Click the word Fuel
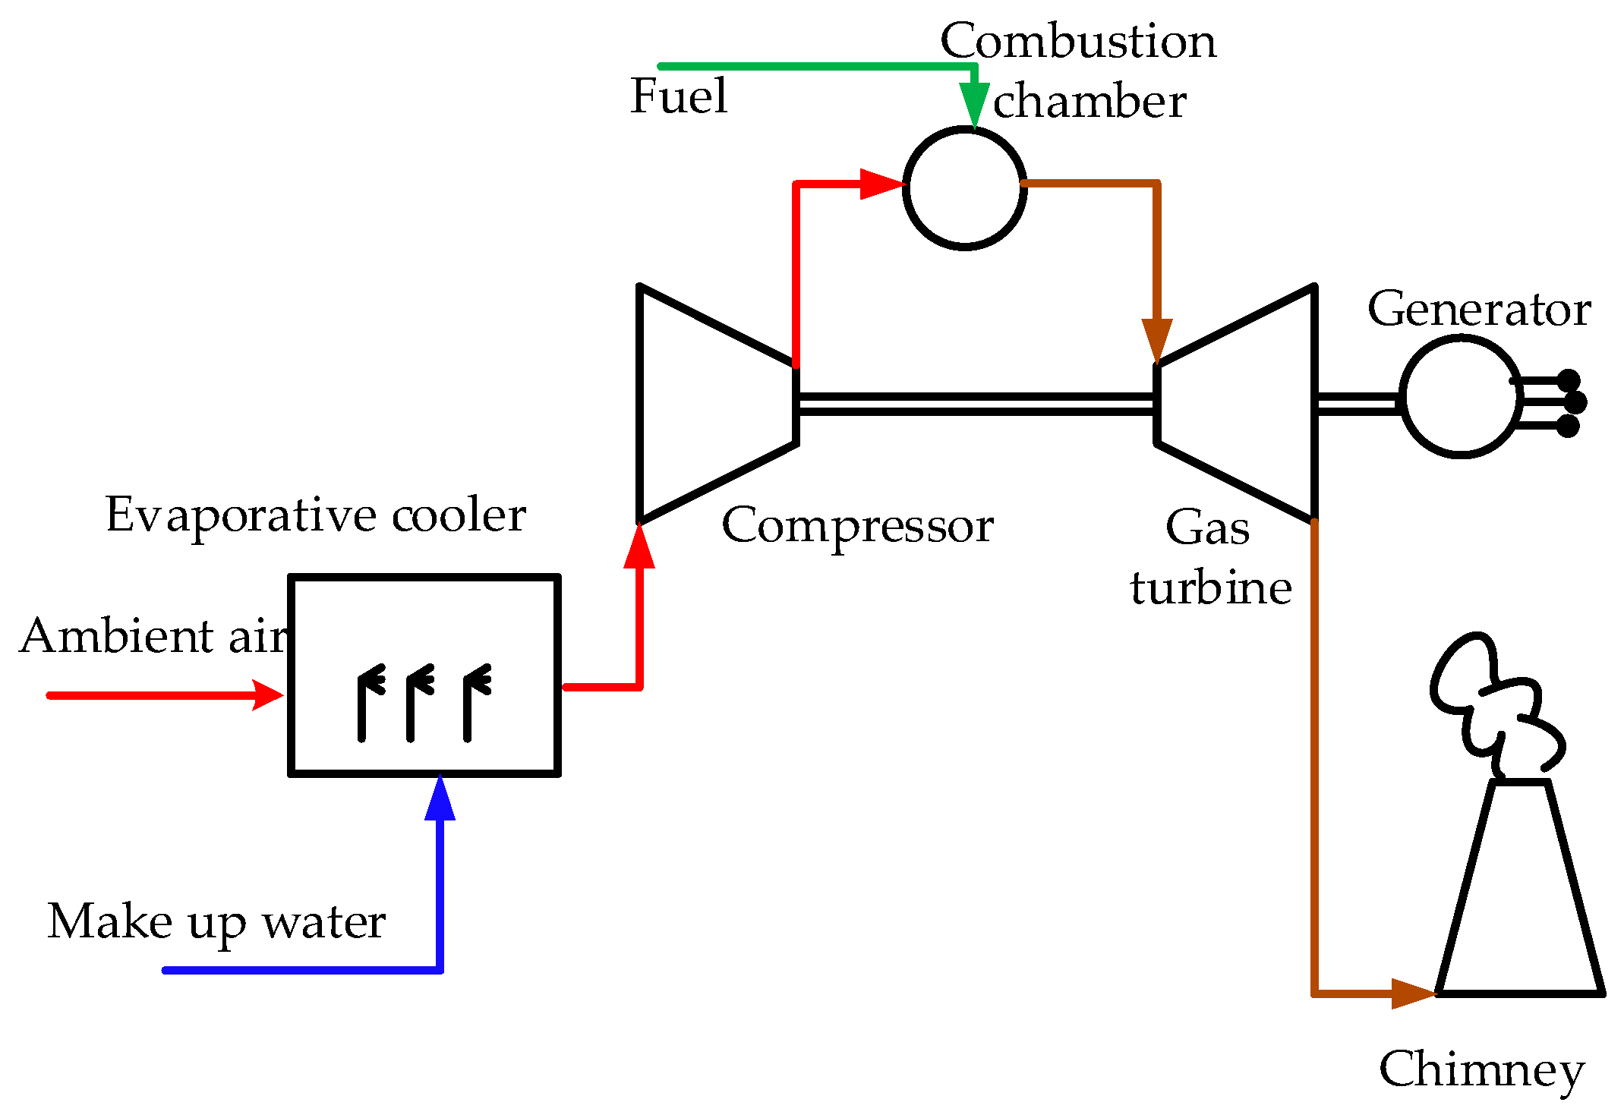(678, 96)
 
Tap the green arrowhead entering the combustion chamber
(973, 103)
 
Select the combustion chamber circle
(964, 187)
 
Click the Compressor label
(857, 525)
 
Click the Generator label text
(1479, 310)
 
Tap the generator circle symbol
(1459, 397)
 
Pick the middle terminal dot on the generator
(1575, 402)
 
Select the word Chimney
(1481, 1070)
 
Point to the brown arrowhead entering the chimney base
(1412, 993)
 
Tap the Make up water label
(216, 922)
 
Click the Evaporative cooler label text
(315, 515)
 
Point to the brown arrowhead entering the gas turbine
(1157, 340)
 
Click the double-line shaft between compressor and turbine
(976, 404)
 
